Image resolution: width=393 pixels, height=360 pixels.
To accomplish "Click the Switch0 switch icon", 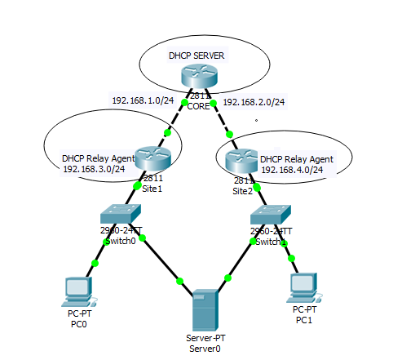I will [x=121, y=214].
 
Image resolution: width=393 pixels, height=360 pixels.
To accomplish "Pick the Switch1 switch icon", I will [x=270, y=215].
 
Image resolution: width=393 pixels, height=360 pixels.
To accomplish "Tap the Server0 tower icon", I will [x=203, y=309].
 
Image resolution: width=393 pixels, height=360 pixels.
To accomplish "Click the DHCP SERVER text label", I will [x=196, y=56].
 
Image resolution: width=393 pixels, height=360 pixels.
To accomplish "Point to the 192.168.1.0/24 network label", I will [x=144, y=100].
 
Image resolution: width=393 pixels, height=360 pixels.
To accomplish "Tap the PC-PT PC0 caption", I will [x=77, y=318].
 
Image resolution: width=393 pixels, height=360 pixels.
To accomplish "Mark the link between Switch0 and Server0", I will [x=161, y=260].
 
